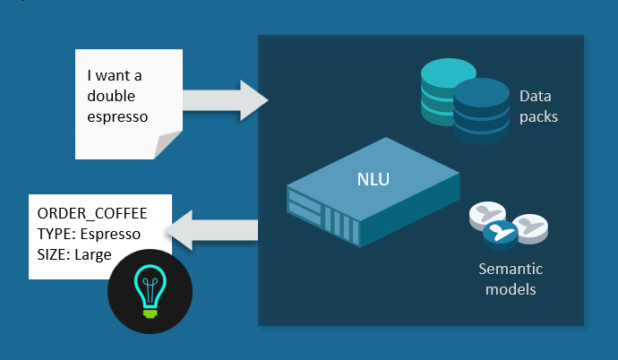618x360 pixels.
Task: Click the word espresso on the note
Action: pos(117,116)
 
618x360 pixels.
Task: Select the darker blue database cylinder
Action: pos(480,111)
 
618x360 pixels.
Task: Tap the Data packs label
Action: pos(539,104)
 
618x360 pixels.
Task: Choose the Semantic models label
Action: pos(511,278)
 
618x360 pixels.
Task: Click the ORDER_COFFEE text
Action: pos(91,213)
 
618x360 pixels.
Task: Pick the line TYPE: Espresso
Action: pos(88,234)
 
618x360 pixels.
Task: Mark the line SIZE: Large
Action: pos(74,254)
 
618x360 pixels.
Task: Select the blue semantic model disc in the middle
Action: pos(502,235)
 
